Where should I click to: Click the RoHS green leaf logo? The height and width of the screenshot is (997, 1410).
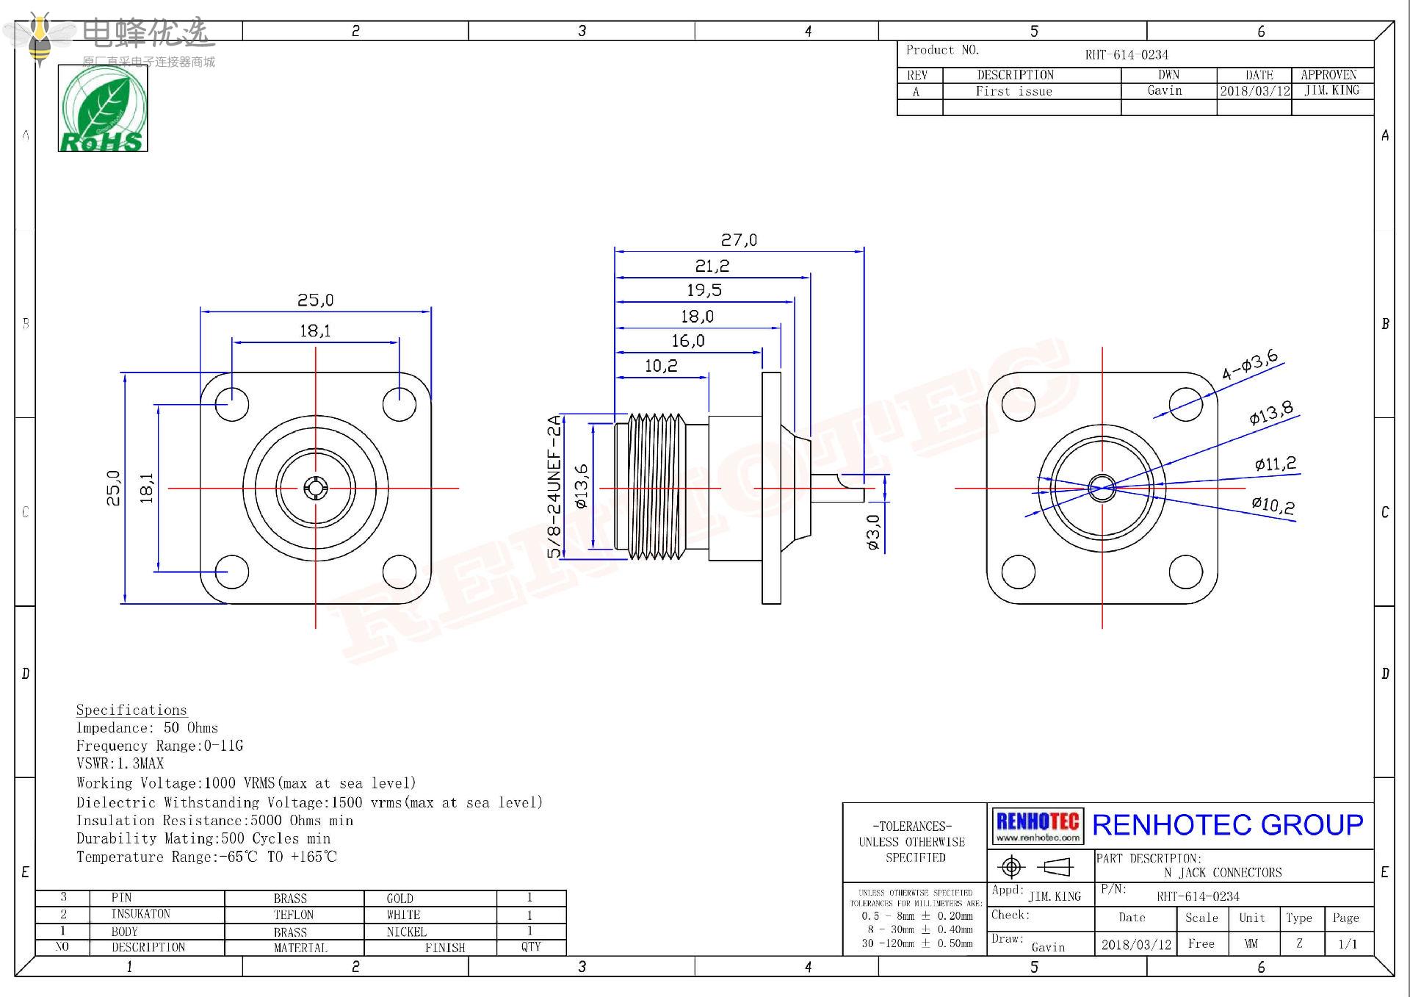[x=103, y=109]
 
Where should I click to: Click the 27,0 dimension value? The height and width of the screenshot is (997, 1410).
[x=738, y=240]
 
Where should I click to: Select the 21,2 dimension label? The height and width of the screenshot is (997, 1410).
[x=712, y=266]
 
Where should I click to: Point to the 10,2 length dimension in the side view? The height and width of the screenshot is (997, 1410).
[x=661, y=366]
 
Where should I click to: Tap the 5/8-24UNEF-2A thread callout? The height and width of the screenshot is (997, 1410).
[x=554, y=486]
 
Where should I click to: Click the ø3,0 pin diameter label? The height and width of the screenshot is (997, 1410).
[x=872, y=532]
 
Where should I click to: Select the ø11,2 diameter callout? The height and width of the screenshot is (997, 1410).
[x=1275, y=464]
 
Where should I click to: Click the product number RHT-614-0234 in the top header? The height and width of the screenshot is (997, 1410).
[x=1127, y=54]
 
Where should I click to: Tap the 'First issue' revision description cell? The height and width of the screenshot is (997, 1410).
[x=1013, y=91]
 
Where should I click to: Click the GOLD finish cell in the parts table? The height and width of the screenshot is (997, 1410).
[x=399, y=899]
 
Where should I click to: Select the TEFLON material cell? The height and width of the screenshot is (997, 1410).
[x=293, y=915]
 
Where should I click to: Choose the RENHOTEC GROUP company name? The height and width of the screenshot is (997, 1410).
[x=1227, y=825]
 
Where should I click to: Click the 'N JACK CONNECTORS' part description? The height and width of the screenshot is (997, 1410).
[x=1223, y=873]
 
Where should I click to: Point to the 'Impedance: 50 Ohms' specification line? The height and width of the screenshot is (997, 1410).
[x=147, y=728]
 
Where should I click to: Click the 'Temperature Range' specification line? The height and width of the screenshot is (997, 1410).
[x=206, y=857]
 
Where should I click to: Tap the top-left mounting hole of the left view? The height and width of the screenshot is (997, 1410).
[x=232, y=404]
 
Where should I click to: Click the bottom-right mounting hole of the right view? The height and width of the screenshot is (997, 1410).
[x=1185, y=572]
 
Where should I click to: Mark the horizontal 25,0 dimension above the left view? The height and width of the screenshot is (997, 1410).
[x=315, y=300]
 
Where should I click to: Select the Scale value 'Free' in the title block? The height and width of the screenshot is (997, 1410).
[x=1201, y=944]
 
